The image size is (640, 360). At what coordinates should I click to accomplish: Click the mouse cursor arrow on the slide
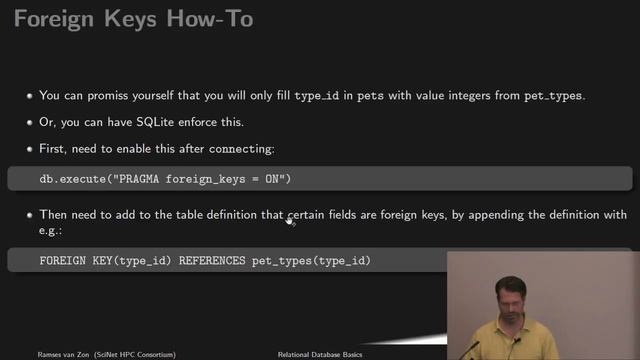point(289,220)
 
